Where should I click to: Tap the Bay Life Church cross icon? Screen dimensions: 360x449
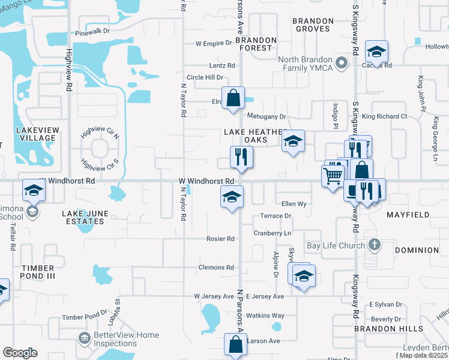coord(375,245)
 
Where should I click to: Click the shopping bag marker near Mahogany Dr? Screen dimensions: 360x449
coord(233,98)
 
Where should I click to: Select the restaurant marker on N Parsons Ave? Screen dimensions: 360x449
coord(241,158)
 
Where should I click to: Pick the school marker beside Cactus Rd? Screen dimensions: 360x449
coord(376,52)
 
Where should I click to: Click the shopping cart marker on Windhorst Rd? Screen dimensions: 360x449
coord(333,176)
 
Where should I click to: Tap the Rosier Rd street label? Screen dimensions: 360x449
coord(220,239)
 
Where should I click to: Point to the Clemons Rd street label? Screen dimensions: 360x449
coord(216,268)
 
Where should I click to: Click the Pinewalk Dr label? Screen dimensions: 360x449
coord(93,32)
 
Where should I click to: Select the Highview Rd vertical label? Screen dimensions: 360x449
coord(70,69)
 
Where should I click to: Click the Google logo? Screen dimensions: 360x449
coord(20,353)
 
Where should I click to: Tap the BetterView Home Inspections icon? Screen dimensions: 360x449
coord(85,339)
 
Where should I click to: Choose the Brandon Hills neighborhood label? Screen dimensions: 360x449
coord(388,329)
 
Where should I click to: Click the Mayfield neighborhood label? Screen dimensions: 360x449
coord(408,214)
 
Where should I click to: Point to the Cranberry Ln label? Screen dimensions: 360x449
coord(272,233)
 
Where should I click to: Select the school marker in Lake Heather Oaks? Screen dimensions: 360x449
coord(293,142)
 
